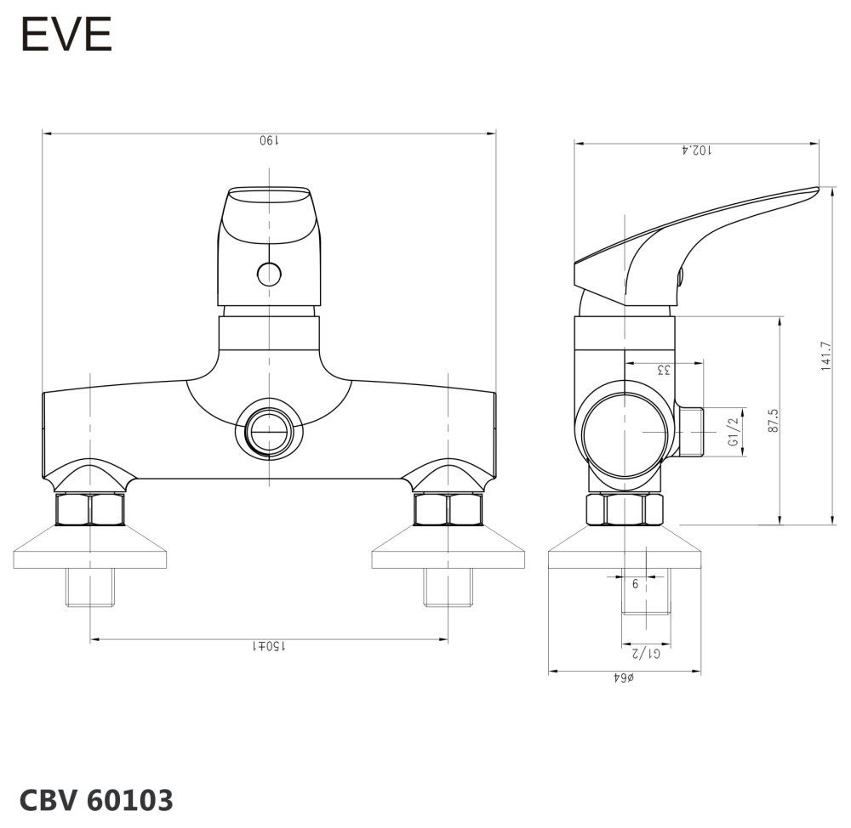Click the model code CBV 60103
[96, 799]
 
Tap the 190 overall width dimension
[269, 141]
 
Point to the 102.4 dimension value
[697, 150]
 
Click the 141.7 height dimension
[825, 356]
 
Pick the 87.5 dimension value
[773, 420]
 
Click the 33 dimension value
[664, 370]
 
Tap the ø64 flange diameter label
[625, 678]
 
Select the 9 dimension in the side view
[635, 584]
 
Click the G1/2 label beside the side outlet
[732, 433]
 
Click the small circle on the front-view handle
[269, 274]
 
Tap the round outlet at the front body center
[269, 429]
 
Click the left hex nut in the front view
[90, 509]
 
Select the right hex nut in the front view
[448, 509]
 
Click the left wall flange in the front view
[90, 550]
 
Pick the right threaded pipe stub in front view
[448, 587]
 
